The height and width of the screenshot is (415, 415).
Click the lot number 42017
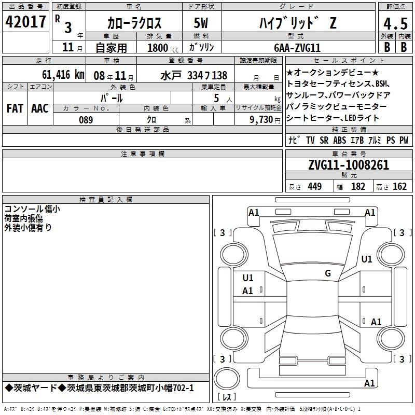click(x=25, y=22)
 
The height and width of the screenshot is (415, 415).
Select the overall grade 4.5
click(x=395, y=24)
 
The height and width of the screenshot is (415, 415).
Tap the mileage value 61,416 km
click(x=63, y=75)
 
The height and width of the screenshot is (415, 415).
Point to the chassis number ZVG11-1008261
click(x=349, y=165)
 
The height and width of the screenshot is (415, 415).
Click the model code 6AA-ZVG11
click(x=297, y=48)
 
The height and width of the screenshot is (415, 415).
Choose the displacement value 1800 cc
click(x=163, y=48)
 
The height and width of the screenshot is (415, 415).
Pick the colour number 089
click(x=86, y=120)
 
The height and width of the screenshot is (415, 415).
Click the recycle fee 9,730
click(x=261, y=119)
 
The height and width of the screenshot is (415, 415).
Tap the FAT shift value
click(x=15, y=108)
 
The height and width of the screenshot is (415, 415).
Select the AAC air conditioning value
click(x=40, y=108)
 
